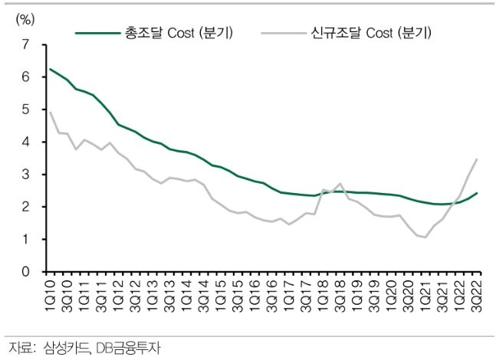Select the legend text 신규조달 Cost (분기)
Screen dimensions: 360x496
click(x=366, y=33)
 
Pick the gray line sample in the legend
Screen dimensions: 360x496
click(x=283, y=33)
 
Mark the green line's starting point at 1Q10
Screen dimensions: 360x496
click(x=50, y=69)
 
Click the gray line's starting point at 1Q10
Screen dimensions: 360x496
click(x=50, y=112)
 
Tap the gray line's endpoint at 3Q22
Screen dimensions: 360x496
click(x=477, y=159)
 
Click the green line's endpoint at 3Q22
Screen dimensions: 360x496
click(x=477, y=193)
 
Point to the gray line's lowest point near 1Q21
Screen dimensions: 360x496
click(x=425, y=237)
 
